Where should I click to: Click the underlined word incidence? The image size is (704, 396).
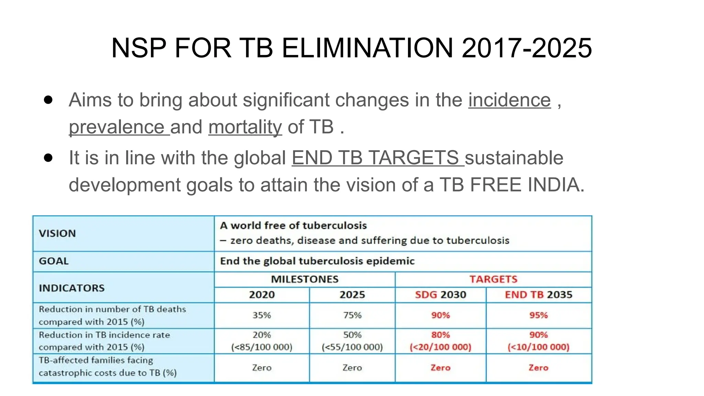click(509, 100)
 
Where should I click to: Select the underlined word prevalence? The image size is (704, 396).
click(117, 127)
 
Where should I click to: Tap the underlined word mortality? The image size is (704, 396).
click(245, 127)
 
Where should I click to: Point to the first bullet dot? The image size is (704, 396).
click(48, 100)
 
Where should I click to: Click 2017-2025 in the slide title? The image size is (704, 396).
click(527, 48)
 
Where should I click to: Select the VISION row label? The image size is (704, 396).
click(57, 233)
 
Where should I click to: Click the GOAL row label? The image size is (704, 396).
click(54, 261)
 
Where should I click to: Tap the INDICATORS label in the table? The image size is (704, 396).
click(71, 288)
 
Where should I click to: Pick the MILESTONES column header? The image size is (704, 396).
click(305, 279)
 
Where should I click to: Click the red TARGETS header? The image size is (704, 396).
click(493, 279)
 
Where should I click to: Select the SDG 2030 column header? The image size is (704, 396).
click(440, 295)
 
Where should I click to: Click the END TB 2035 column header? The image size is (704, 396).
click(538, 295)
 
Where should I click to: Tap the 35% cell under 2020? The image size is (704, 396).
click(262, 315)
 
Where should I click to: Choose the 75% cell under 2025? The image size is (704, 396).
click(352, 315)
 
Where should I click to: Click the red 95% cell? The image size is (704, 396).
click(538, 315)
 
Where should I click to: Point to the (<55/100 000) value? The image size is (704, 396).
click(352, 347)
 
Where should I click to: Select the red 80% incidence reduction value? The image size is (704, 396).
click(440, 335)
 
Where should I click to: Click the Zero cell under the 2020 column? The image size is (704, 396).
click(262, 368)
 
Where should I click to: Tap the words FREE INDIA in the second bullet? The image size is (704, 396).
click(527, 185)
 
